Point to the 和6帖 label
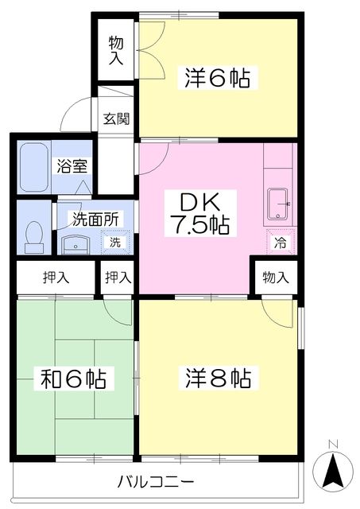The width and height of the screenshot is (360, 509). coord(74,378)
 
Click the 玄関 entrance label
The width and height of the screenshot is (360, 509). coord(117,119)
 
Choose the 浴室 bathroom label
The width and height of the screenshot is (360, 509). coord(71,166)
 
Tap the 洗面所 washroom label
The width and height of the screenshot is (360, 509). coord(95,217)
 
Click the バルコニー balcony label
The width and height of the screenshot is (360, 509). coord(156,482)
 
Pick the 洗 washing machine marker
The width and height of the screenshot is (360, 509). coord(115,241)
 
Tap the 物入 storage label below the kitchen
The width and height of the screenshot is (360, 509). coord(275,278)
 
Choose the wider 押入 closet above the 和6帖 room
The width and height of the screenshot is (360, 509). coord(56,278)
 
